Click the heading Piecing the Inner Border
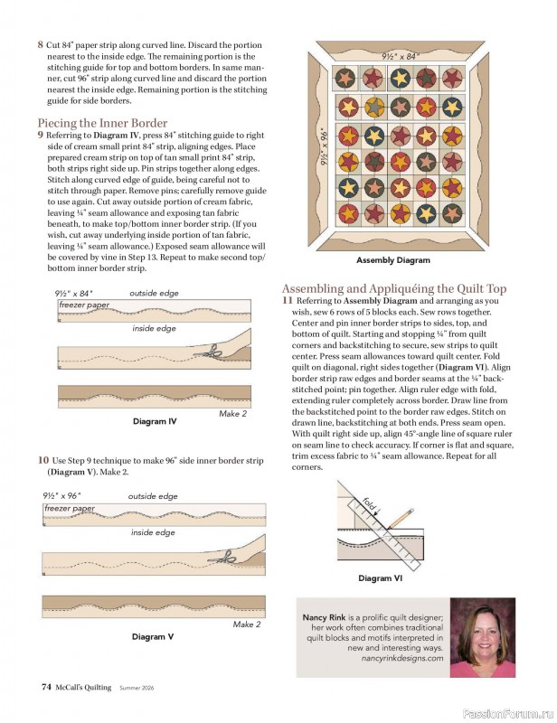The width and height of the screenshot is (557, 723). [x=102, y=123]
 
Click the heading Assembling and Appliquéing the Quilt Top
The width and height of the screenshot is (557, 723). [x=394, y=288]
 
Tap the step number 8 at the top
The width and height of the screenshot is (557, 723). [x=40, y=44]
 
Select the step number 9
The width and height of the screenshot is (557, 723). [x=40, y=135]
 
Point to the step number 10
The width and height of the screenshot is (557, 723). [x=42, y=460]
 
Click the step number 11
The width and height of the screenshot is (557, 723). [x=288, y=300]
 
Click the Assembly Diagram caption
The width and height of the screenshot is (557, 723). [x=392, y=260]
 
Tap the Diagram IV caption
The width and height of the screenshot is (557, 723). [x=154, y=421]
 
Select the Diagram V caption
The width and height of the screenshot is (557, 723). [x=153, y=636]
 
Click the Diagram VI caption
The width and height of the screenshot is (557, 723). [x=380, y=578]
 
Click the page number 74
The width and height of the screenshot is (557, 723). [x=45, y=687]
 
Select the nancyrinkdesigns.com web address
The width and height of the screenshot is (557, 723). [x=402, y=659]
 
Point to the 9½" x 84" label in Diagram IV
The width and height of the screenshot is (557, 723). [x=73, y=293]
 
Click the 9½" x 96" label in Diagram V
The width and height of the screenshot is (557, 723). [x=62, y=495]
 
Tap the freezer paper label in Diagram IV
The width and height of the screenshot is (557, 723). [x=83, y=305]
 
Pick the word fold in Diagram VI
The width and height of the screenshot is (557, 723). [x=369, y=502]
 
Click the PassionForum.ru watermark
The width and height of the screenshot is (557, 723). [x=507, y=713]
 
